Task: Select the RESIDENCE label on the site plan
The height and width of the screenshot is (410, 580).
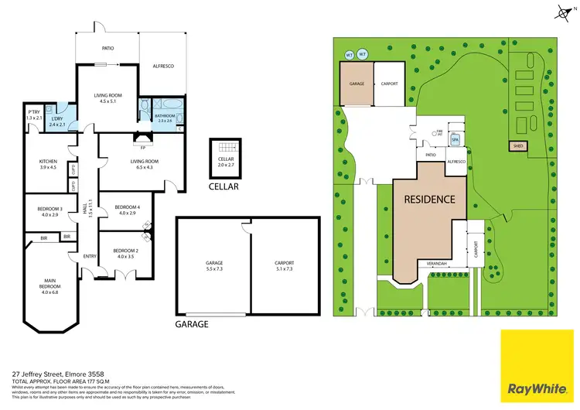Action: tap(431, 199)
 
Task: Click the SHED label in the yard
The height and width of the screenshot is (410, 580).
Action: tap(517, 145)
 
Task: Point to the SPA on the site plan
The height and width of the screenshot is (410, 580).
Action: tap(455, 140)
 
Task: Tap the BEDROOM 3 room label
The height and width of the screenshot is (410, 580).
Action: tap(49, 210)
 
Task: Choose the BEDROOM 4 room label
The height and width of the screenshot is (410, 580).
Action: tap(127, 210)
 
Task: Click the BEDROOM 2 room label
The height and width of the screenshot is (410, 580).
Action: tap(125, 253)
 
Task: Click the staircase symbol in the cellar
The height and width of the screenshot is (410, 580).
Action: tap(225, 149)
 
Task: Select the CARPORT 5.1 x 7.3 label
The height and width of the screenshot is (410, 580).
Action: tap(284, 265)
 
